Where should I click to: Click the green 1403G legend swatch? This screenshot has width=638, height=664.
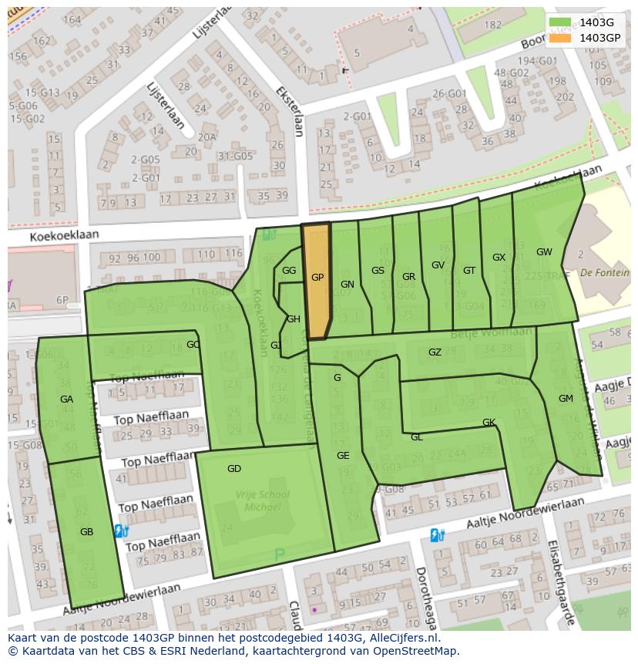tap(560, 22)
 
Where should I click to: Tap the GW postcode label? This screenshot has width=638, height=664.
tap(544, 252)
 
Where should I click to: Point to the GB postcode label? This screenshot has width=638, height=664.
tap(86, 532)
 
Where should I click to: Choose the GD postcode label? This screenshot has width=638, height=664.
tap(234, 469)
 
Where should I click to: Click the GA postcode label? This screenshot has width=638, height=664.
tap(66, 399)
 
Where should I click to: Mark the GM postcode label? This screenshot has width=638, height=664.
tap(566, 399)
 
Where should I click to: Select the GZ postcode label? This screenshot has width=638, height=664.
tap(435, 352)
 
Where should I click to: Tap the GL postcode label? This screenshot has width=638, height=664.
tap(416, 437)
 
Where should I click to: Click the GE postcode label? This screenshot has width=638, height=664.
tap(343, 456)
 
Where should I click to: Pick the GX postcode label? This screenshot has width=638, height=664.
tap(499, 258)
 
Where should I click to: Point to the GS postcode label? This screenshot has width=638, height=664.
tap(378, 271)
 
